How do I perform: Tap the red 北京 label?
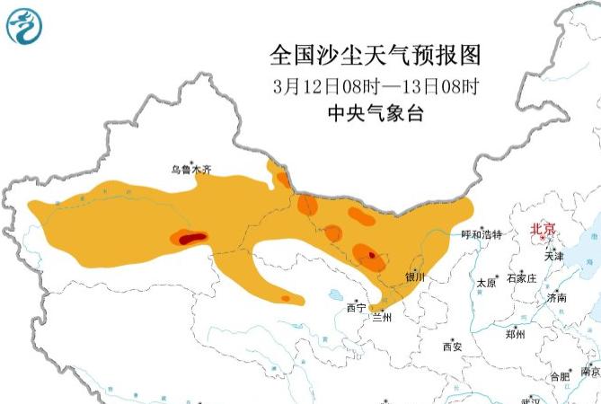[x=543, y=229]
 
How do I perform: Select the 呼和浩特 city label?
[x=482, y=234]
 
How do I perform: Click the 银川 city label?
[x=414, y=277]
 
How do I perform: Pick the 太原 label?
[x=486, y=282]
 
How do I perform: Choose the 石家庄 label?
[x=521, y=278]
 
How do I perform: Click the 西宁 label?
[x=356, y=308]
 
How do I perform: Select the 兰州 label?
[x=383, y=317]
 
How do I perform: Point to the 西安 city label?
[x=452, y=346]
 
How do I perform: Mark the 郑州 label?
[x=515, y=334]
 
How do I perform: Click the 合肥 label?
[x=559, y=375]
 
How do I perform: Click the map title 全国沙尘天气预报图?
[x=376, y=55]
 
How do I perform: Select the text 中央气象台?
[x=376, y=114]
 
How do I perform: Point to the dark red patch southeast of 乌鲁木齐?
[x=190, y=238]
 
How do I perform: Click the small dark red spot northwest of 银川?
[x=372, y=256]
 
